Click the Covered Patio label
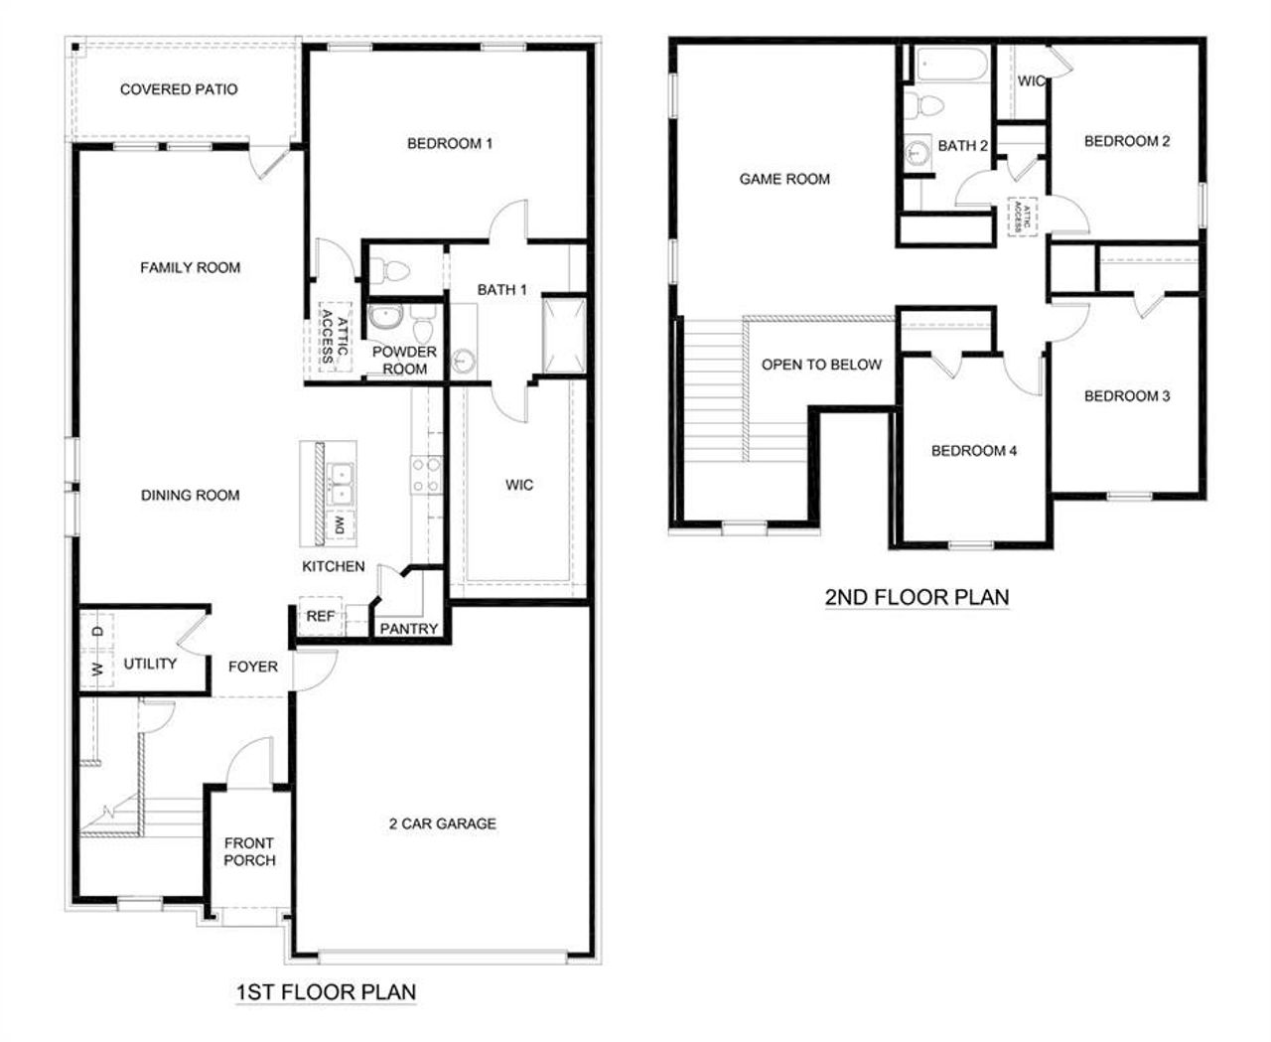pos(179,89)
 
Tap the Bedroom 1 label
pos(450,144)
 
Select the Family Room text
pos(190,267)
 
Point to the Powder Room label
pos(404,360)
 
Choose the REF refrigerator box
pos(320,617)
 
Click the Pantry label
pos(408,629)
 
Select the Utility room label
pos(150,664)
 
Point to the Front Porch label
pos(249,851)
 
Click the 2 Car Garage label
pos(443,823)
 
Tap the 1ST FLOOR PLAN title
pos(326,991)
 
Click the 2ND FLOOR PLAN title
pos(917,597)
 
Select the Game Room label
pos(784,180)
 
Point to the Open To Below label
pos(821,365)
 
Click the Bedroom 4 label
pos(973,451)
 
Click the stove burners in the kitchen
pos(426,475)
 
